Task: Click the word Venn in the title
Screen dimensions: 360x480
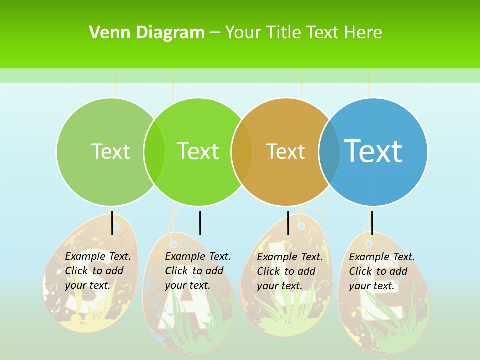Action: point(109,33)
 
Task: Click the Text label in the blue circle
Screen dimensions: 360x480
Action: point(373,151)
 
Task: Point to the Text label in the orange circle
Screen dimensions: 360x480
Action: point(286,151)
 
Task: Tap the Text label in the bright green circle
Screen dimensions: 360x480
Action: point(198,151)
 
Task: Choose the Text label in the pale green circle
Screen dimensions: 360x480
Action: point(111,151)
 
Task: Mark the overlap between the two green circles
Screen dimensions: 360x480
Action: point(154,152)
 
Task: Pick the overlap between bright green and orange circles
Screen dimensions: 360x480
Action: point(242,152)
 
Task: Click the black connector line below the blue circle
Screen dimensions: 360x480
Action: point(372,223)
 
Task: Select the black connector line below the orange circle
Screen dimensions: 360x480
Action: point(288,223)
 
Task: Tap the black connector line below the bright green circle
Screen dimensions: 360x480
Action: point(200,223)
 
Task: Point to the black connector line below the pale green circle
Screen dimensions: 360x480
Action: point(112,223)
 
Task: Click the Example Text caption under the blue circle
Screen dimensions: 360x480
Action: point(381,271)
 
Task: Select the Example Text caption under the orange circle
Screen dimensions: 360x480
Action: point(289,271)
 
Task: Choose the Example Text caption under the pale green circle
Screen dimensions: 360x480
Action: point(97,271)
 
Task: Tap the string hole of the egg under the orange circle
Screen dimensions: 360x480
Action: point(301,226)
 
